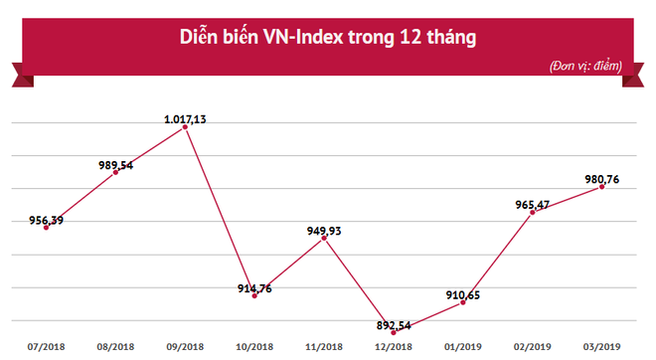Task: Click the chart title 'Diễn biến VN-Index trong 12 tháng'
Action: [x=327, y=38]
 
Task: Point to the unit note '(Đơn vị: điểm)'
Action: [x=584, y=66]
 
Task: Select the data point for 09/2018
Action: [x=186, y=126]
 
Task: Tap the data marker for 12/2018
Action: [x=394, y=332]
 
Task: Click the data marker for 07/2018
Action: [x=46, y=228]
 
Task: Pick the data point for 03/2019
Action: [x=602, y=186]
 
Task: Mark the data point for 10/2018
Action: [x=255, y=296]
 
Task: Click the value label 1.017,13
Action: [x=185, y=118]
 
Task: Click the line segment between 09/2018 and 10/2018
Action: [x=221, y=212]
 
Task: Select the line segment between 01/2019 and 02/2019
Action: [x=498, y=259]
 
